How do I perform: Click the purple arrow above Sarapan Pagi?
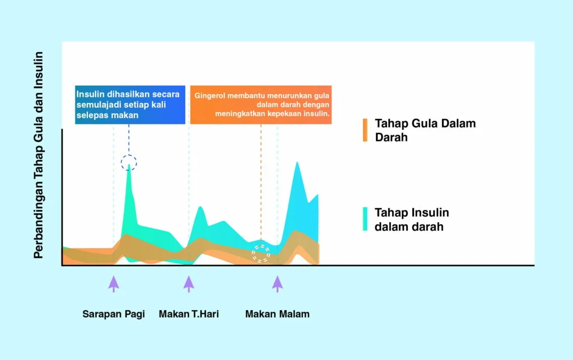click(114, 284)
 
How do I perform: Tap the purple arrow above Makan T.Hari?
click(189, 284)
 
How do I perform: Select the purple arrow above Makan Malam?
click(278, 284)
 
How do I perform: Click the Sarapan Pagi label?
click(114, 314)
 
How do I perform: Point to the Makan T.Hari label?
click(189, 314)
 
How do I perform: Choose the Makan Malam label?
click(278, 314)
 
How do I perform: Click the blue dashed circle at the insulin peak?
click(129, 155)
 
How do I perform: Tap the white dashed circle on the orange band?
click(261, 245)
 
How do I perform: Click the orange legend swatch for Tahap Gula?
click(365, 130)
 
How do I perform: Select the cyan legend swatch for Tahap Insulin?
click(365, 219)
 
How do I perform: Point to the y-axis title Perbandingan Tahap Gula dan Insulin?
click(39, 155)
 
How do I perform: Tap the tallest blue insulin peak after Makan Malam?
click(298, 163)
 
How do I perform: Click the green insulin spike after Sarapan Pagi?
click(129, 166)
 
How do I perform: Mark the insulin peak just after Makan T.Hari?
click(200, 208)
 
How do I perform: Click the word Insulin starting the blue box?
click(90, 94)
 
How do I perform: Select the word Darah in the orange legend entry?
click(391, 137)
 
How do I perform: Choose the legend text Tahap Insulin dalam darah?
click(412, 219)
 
